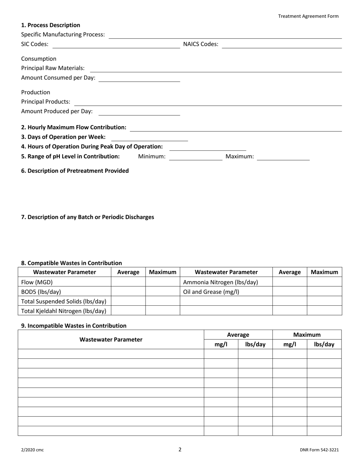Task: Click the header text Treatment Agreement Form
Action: click(x=308, y=16)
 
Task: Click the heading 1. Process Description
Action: click(x=50, y=25)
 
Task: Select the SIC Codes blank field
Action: click(x=116, y=45)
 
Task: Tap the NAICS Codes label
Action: click(x=200, y=44)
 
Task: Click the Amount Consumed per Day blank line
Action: click(x=139, y=78)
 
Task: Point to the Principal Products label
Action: click(x=45, y=102)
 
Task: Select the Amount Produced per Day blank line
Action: click(x=139, y=112)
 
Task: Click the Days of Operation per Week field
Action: click(x=149, y=138)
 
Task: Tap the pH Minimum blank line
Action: click(x=196, y=157)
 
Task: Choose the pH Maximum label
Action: click(x=239, y=156)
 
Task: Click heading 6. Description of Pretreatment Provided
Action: click(x=75, y=170)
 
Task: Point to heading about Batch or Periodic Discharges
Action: click(x=88, y=217)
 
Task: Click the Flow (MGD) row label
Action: click(x=37, y=282)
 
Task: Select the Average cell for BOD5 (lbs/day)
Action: click(x=128, y=292)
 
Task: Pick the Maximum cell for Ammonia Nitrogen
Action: click(x=324, y=282)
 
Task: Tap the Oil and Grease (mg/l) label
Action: click(x=211, y=292)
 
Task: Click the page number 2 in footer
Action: click(x=180, y=449)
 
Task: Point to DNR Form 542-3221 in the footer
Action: click(x=319, y=450)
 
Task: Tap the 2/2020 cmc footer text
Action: click(x=32, y=450)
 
